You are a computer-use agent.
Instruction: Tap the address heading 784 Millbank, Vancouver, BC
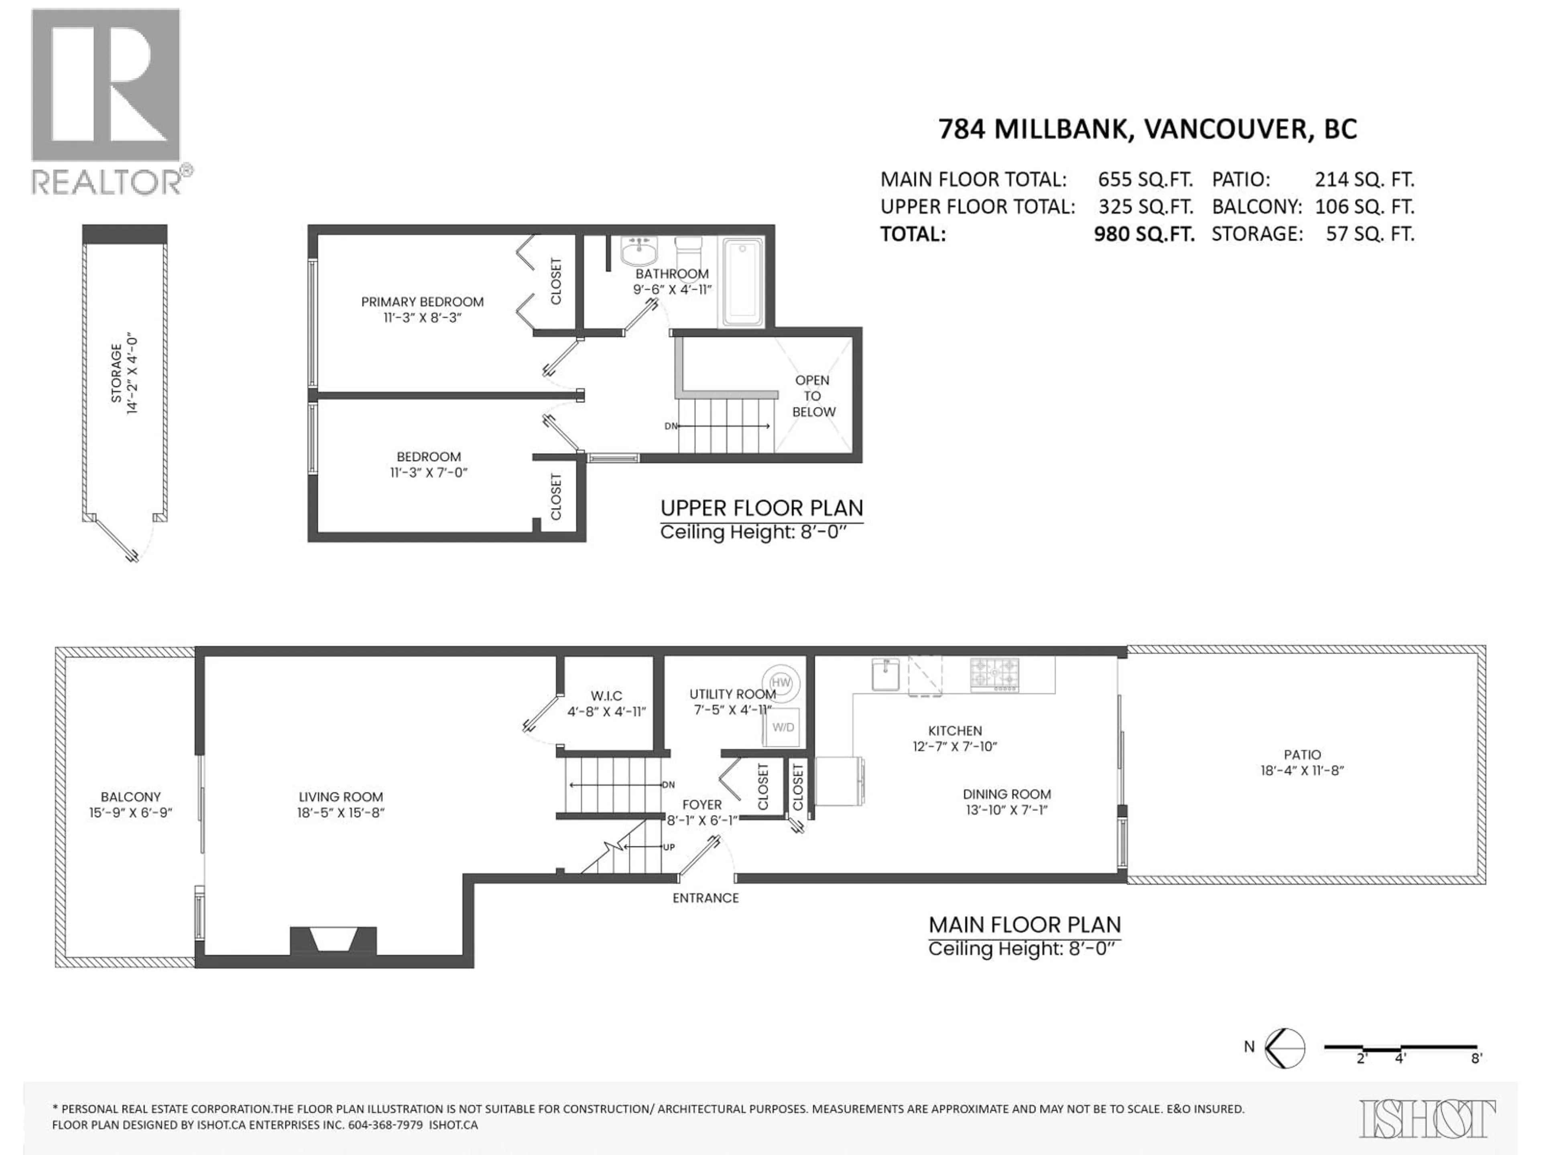click(1147, 130)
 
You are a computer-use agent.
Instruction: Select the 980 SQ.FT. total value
click(1144, 234)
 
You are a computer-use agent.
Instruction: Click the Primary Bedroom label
click(422, 302)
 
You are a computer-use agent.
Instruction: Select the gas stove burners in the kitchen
click(994, 674)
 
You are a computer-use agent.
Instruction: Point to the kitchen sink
click(885, 674)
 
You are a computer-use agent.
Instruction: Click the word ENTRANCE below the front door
click(705, 898)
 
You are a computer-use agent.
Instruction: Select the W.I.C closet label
click(606, 695)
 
